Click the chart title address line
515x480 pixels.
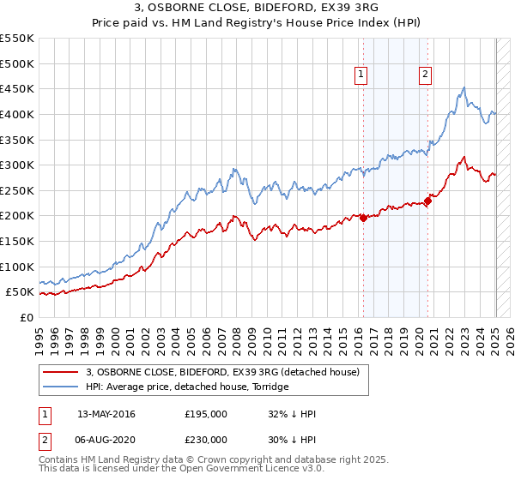[257, 10]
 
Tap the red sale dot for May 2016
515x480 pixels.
[363, 218]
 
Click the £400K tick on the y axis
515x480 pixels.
[17, 114]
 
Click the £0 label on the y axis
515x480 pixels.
[27, 317]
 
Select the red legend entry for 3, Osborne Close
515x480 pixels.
[227, 372]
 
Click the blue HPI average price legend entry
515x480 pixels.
[188, 387]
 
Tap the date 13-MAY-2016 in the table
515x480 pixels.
[106, 414]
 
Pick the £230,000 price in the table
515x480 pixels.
[206, 439]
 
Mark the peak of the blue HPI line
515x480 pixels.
[463, 87]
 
